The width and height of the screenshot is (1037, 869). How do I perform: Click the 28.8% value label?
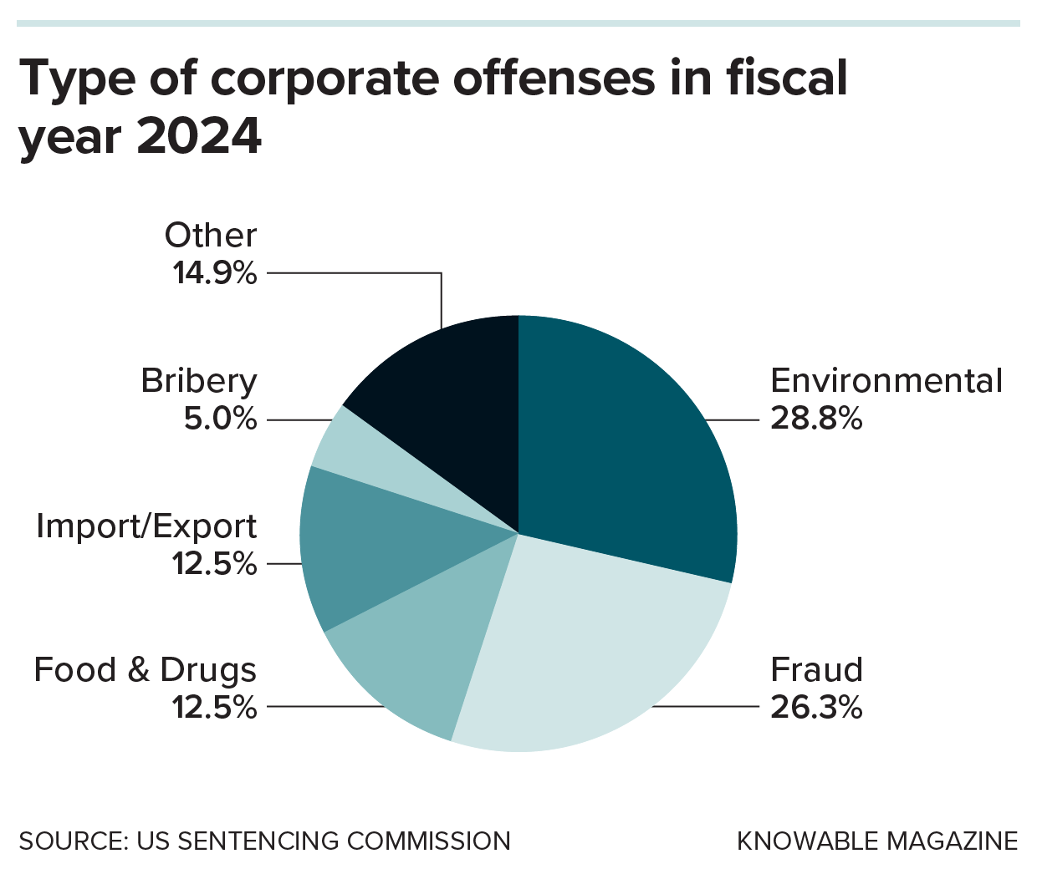pyautogui.click(x=815, y=419)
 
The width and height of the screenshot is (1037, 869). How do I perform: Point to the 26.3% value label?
pyautogui.click(x=815, y=708)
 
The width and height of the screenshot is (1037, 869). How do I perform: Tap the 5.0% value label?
pyautogui.click(x=220, y=419)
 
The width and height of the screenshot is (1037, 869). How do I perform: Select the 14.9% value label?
pyautogui.click(x=214, y=273)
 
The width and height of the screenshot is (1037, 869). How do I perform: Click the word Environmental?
pyautogui.click(x=886, y=381)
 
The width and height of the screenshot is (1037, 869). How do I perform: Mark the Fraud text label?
pyautogui.click(x=815, y=670)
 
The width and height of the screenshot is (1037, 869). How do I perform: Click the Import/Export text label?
pyautogui.click(x=146, y=526)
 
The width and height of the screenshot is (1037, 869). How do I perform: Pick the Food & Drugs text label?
pyautogui.click(x=145, y=670)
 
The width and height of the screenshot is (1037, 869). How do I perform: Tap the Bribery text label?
pyautogui.click(x=198, y=381)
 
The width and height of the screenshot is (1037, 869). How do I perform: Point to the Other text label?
pyautogui.click(x=210, y=236)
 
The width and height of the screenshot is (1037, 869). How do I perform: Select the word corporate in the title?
pyautogui.click(x=324, y=78)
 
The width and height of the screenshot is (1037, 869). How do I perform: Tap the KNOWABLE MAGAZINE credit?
pyautogui.click(x=876, y=841)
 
